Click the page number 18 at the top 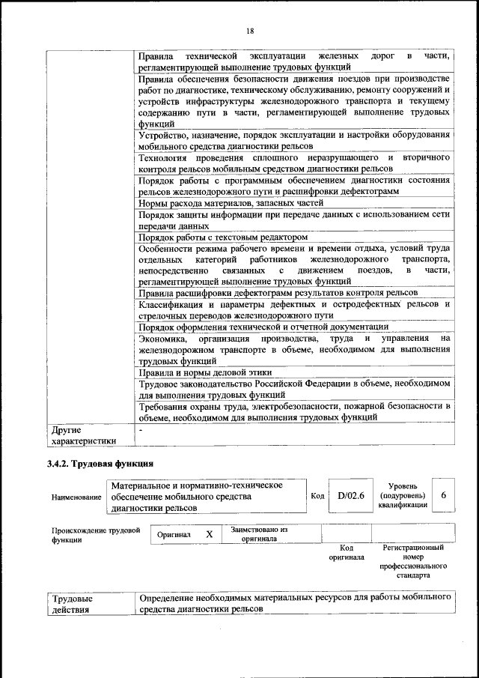click(x=249, y=31)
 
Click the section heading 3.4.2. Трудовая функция click(x=100, y=464)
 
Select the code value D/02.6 click(x=350, y=496)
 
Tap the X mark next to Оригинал click(x=210, y=534)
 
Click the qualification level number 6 click(x=443, y=496)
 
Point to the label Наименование click(x=76, y=497)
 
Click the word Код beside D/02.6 click(x=317, y=496)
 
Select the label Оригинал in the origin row click(x=174, y=535)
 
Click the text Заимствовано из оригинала click(x=259, y=534)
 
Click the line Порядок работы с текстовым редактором click(x=224, y=237)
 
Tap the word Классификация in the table click(x=171, y=305)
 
